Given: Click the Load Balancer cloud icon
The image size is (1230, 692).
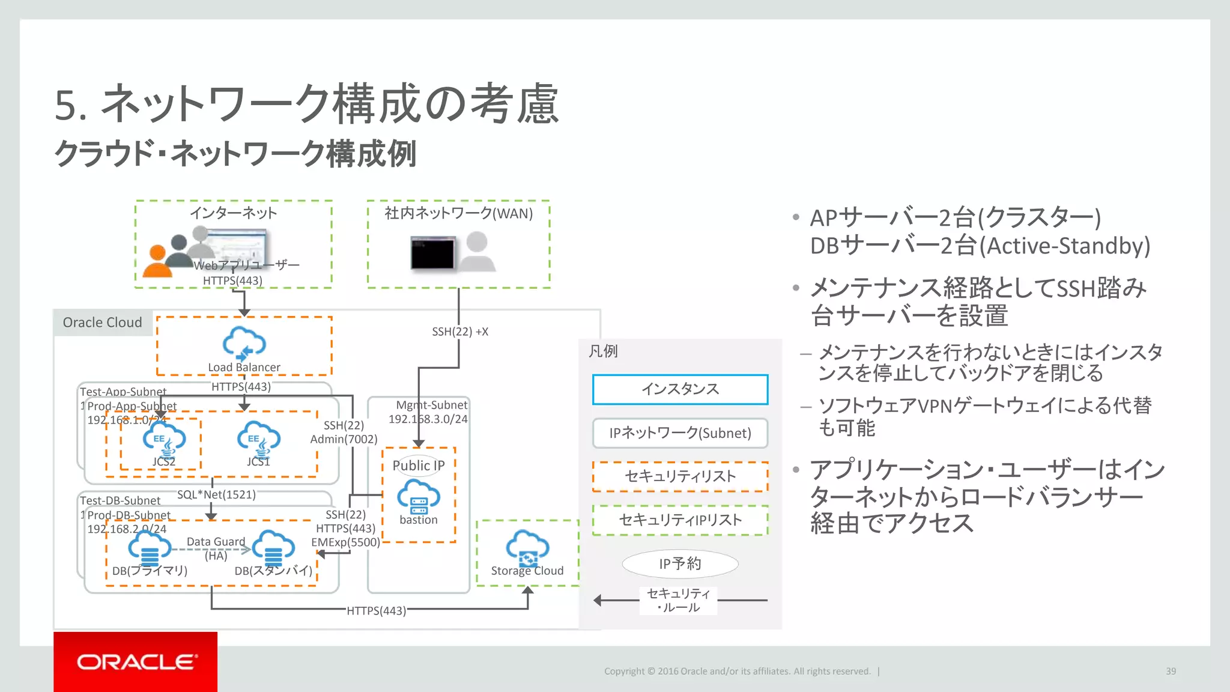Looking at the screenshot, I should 244,343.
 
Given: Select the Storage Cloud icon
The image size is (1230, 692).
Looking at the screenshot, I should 527,547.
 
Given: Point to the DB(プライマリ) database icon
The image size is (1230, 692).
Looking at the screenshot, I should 150,547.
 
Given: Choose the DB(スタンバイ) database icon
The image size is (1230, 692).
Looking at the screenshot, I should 273,547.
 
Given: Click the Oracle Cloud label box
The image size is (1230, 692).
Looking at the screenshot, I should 103,323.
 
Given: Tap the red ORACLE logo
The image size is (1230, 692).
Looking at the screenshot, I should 136,661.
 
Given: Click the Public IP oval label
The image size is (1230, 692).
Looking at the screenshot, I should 419,466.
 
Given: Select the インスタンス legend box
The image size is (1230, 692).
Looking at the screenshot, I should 680,389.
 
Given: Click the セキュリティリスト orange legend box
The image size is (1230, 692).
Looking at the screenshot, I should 680,476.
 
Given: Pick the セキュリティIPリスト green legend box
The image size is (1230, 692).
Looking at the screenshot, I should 680,520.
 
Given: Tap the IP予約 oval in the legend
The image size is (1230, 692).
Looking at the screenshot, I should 680,563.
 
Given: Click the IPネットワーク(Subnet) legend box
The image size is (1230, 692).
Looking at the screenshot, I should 680,433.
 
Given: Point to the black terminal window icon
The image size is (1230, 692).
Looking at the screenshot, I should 432,253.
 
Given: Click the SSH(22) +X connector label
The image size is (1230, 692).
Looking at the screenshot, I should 460,332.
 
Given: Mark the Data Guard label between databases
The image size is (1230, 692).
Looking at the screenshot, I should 216,542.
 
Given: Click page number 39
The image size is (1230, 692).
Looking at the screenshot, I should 1171,671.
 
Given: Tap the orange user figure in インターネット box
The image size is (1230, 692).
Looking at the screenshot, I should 158,263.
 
